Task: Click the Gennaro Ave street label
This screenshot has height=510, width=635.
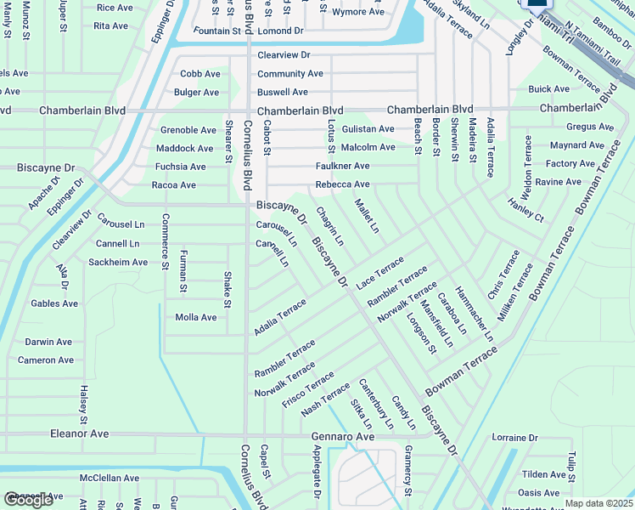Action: (342, 436)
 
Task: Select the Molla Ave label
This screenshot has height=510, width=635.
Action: (195, 317)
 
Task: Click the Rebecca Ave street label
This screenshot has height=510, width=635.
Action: (342, 184)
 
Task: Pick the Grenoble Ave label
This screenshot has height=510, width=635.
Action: (188, 130)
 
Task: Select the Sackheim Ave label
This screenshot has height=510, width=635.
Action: (119, 263)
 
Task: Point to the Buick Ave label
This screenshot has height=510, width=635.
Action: (548, 89)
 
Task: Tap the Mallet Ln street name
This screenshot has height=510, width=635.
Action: (367, 216)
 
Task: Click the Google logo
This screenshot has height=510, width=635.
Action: (28, 500)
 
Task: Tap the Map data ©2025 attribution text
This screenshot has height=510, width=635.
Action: (599, 503)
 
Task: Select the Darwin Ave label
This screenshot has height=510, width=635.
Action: (48, 342)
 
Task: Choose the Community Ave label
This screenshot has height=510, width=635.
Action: (290, 74)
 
